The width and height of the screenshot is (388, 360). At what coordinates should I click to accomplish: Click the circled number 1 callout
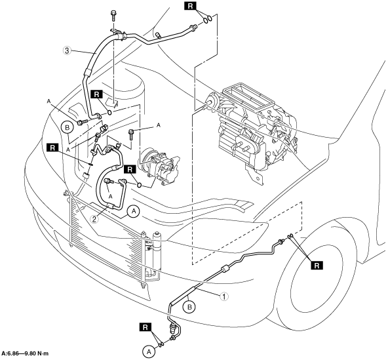pos(223,296)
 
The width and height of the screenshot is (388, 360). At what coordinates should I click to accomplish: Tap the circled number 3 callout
pos(67,51)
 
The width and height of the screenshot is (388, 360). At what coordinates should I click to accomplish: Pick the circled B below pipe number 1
pos(189,308)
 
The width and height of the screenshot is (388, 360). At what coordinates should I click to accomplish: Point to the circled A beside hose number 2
pos(134,211)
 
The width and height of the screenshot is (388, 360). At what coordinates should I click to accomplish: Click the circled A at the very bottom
pos(149,351)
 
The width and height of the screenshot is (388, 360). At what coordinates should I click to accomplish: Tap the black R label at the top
pos(190,6)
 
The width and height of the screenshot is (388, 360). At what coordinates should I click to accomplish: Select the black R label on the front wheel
pos(317,266)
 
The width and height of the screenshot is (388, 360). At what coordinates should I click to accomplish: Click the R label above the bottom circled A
pos(145,327)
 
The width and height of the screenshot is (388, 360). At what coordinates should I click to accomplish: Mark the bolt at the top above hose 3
pos(113,16)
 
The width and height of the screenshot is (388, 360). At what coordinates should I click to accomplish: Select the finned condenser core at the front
pos(105,237)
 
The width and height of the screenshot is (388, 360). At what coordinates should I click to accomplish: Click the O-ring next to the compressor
pos(140,185)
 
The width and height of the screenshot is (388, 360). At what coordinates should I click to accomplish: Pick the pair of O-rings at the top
pos(207,19)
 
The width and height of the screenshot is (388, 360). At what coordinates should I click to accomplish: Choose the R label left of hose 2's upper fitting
pos(52,148)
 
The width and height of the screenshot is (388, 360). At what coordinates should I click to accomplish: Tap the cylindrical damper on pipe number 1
pos(225,269)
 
